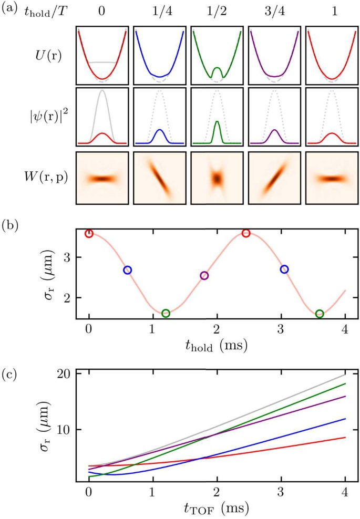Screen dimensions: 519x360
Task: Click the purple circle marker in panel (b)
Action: [204, 276]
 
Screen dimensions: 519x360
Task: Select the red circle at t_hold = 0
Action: [89, 233]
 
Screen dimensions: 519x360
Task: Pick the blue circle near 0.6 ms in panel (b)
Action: [127, 270]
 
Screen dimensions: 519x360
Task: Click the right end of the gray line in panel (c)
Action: [345, 375]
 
